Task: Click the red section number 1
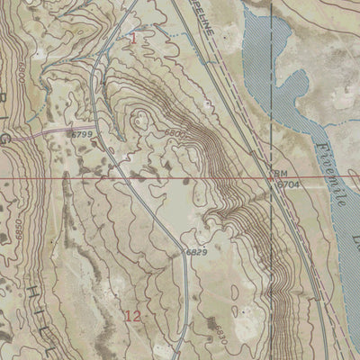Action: coord(134,39)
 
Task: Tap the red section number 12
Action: coord(132,316)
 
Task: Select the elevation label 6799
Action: coord(82,134)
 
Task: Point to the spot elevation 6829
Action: coord(197,253)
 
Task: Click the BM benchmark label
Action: coord(279,172)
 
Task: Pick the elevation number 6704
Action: coord(287,184)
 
